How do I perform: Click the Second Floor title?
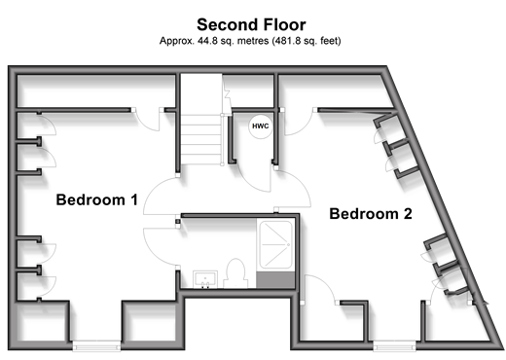tap(251, 24)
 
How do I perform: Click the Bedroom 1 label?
tap(97, 199)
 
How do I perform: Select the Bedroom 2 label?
tap(371, 214)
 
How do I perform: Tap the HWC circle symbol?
tap(261, 126)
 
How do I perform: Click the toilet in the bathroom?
tap(235, 273)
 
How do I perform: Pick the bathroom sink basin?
tap(205, 279)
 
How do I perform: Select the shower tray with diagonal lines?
tap(275, 244)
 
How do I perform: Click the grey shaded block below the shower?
tap(275, 280)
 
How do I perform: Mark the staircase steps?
tap(201, 139)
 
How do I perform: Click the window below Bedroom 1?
tap(96, 345)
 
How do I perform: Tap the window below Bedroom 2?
tap(394, 345)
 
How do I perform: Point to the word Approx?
tap(177, 41)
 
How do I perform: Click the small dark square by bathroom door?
tap(178, 222)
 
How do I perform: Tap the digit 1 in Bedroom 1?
tap(134, 199)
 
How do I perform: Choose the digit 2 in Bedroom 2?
tap(407, 214)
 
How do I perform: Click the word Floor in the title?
tap(284, 24)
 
